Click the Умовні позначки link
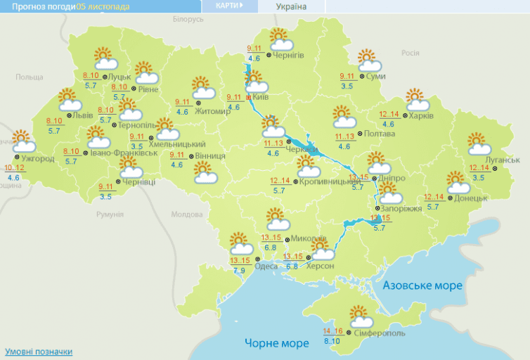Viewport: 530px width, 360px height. (39, 352)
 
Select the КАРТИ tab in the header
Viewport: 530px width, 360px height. (228, 6)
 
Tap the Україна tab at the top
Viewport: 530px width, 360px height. (291, 6)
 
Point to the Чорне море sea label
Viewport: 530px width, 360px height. (277, 343)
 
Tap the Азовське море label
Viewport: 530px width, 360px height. (422, 285)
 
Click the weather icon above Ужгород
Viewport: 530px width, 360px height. (22, 142)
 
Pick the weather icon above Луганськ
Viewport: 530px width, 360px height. (479, 144)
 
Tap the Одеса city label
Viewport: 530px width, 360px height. (266, 266)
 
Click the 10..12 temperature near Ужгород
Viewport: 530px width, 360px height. (14, 168)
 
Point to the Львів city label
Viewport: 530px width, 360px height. (82, 115)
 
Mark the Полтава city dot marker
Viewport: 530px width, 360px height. (359, 133)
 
